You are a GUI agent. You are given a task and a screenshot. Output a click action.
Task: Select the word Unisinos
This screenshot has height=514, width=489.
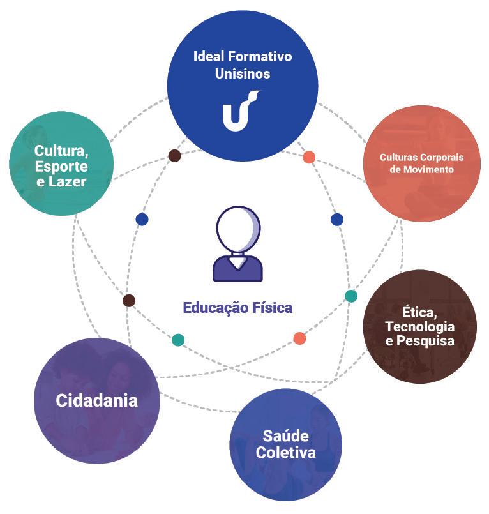242,73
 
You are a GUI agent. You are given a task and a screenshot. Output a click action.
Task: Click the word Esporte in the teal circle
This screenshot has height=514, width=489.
61,167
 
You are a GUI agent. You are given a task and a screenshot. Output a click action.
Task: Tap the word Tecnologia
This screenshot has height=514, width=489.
419,326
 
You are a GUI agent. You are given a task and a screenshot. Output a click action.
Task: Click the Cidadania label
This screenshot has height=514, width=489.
96,401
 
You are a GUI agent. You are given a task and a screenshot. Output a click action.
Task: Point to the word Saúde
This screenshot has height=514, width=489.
285,437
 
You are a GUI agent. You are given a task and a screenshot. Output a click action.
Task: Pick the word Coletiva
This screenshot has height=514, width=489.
285,453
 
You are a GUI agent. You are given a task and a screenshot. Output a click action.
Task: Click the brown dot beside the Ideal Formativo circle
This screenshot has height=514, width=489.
174,155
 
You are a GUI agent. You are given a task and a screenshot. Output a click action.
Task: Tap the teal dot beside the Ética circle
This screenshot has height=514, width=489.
351,296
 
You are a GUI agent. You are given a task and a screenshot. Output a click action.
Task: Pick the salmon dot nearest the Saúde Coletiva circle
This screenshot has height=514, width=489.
299,338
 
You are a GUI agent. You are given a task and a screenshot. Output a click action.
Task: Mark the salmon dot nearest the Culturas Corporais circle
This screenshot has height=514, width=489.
309,157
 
